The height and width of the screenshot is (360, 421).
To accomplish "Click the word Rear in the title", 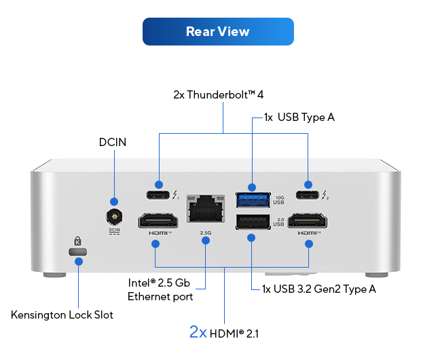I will pos(200,31).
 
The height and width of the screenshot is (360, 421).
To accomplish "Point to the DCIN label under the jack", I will pos(114,230).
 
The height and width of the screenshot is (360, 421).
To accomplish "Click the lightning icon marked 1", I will pos(175,196).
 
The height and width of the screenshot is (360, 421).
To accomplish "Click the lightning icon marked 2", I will pos(325,196).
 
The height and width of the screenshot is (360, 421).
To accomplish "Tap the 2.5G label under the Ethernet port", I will pos(206,233).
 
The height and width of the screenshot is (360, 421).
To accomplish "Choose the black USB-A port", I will pos(251,221).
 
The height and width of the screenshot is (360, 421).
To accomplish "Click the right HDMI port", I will pos(308,221).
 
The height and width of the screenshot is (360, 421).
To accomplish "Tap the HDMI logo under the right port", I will pos(308,233).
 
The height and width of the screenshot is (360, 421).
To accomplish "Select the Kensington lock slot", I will pos(78,251).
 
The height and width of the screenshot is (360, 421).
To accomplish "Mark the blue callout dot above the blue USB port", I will pos(252,186).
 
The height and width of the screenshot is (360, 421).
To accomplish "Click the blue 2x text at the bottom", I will pos(198,332).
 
